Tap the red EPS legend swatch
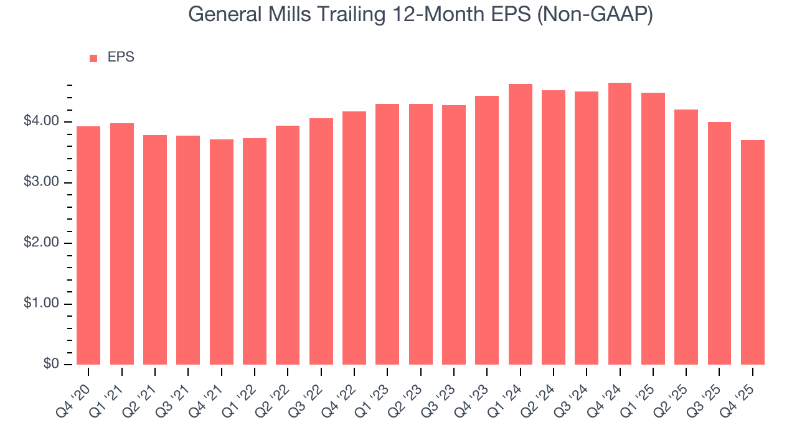93,58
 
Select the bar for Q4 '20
88,246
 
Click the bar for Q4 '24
620,224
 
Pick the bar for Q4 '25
752,252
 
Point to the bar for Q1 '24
520,224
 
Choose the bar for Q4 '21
221,252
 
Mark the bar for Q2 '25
686,237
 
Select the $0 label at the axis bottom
51,365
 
